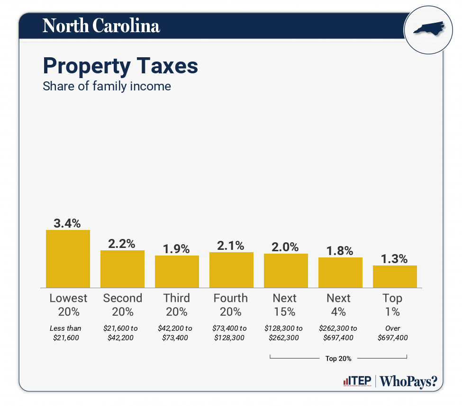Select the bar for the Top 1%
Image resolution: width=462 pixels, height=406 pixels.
coord(395,276)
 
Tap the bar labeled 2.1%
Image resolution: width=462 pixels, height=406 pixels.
coord(231,270)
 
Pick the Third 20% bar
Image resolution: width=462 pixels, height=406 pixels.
coord(177,271)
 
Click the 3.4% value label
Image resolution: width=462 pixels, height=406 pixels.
coord(68,223)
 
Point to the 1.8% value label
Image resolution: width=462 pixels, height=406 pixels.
coord(340,251)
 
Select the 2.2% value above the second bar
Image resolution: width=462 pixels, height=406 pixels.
coord(122,244)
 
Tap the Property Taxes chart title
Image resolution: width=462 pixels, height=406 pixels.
coord(120,66)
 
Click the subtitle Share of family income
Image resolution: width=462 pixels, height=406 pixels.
coord(107,87)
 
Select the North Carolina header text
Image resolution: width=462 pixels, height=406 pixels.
coord(101,26)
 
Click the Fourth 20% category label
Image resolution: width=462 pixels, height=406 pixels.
coord(231,305)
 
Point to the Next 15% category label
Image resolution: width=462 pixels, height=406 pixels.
coord(285,305)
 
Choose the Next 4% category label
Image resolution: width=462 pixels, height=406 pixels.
coord(339,305)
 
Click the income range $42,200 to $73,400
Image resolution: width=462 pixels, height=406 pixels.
coord(177,333)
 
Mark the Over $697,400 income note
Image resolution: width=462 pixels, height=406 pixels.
coord(393,333)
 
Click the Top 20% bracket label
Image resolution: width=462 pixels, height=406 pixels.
coord(338,358)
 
